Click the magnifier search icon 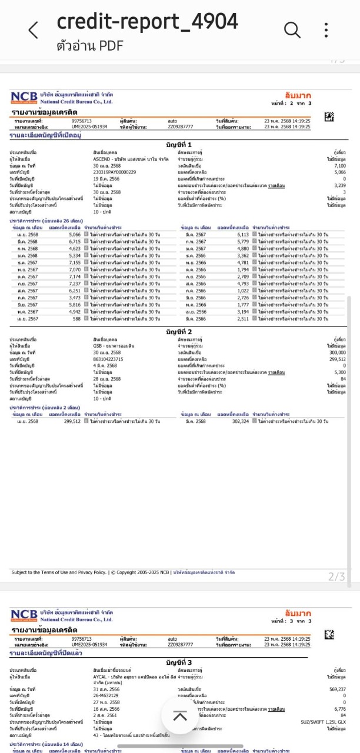(291, 29)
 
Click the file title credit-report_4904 (147, 22)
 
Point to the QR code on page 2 (329, 117)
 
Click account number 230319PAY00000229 (114, 172)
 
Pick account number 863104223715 (108, 359)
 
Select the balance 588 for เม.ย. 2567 (76, 319)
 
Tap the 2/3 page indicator (336, 577)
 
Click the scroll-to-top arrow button (180, 716)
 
